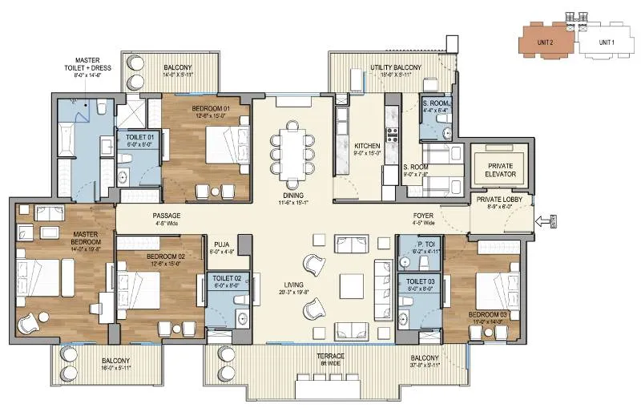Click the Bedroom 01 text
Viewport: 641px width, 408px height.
pyautogui.click(x=211, y=108)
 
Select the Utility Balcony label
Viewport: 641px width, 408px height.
pyautogui.click(x=396, y=68)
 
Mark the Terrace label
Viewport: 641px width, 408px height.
pyautogui.click(x=329, y=355)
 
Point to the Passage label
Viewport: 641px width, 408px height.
pyautogui.click(x=166, y=216)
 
